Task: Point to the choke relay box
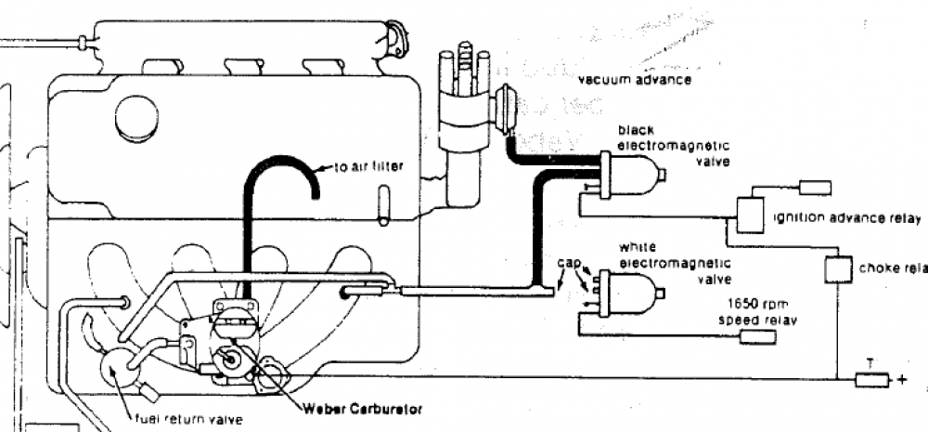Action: coord(838,269)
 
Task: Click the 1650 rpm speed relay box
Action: coord(757,336)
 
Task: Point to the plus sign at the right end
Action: coord(900,379)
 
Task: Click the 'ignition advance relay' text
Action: coord(846,219)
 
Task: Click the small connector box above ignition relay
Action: coord(815,188)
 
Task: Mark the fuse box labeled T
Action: coord(870,379)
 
